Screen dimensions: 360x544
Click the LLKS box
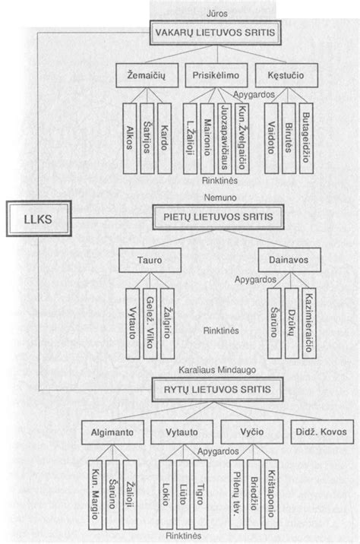[39, 219]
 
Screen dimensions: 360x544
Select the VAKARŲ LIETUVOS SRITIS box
[215, 33]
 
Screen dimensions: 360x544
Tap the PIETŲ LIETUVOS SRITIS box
[218, 217]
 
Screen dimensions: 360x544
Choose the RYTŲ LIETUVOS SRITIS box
[217, 389]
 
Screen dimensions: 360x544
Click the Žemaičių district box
[147, 75]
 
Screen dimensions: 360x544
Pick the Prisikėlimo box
[216, 75]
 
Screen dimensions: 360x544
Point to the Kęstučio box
[286, 75]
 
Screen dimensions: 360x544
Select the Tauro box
[150, 260]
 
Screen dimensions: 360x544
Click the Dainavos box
[289, 260]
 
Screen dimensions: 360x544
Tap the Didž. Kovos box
[322, 432]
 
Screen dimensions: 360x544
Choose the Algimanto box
[112, 432]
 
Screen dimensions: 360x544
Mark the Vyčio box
[252, 432]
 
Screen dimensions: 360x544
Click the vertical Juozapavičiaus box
[224, 138]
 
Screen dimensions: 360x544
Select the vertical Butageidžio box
[306, 138]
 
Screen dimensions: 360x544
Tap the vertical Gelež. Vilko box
[150, 324]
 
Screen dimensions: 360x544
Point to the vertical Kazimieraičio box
[309, 323]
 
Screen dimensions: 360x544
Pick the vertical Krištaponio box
[272, 495]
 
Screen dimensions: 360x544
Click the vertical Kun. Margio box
[96, 495]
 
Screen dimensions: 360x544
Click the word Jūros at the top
[217, 14]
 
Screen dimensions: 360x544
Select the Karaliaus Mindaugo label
[217, 370]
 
